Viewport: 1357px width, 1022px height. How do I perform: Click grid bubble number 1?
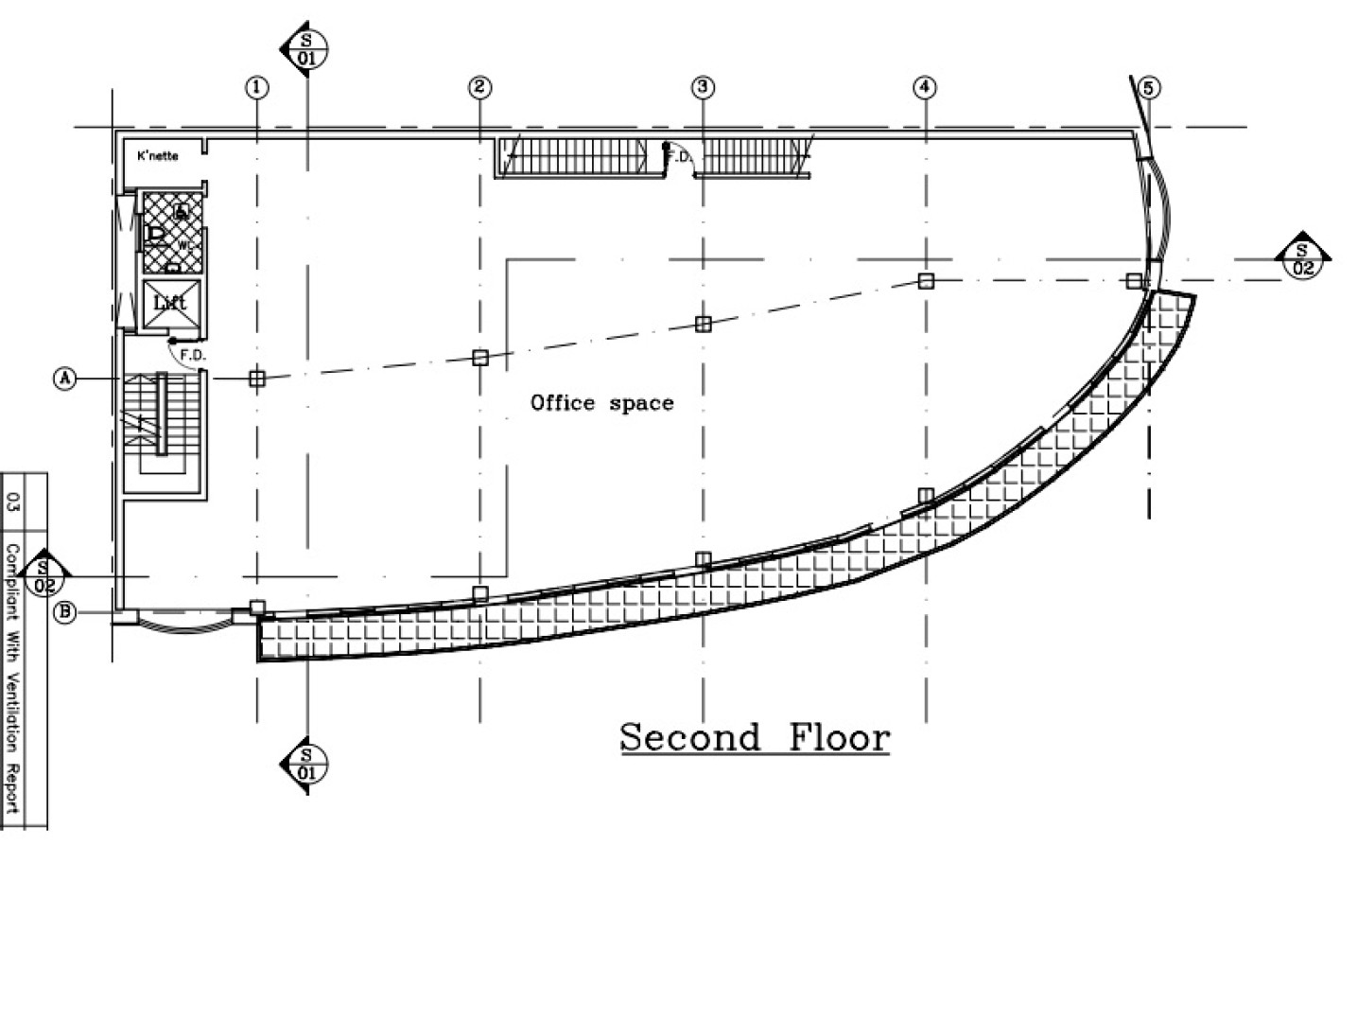[256, 88]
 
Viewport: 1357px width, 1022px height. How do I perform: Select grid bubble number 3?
[702, 88]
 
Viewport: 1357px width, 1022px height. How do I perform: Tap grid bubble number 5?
[1148, 88]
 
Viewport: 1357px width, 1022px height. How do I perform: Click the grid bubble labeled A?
[64, 379]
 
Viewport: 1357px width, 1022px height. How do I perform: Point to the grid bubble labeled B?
[64, 612]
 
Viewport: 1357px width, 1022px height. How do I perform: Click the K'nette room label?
[158, 155]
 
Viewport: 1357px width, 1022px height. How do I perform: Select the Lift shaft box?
[170, 303]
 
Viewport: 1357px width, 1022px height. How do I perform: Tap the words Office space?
[602, 403]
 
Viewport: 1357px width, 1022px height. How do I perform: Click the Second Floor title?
[755, 737]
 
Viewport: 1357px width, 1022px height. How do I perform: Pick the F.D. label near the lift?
[192, 355]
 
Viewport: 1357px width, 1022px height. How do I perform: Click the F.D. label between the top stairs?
[679, 157]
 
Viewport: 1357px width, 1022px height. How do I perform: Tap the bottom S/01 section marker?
[306, 763]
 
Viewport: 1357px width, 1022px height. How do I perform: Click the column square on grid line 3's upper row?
[703, 324]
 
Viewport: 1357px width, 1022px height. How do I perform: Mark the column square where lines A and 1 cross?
[256, 379]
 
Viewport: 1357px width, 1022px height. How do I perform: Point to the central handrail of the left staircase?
[161, 414]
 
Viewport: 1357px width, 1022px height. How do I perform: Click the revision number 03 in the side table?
[13, 501]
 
